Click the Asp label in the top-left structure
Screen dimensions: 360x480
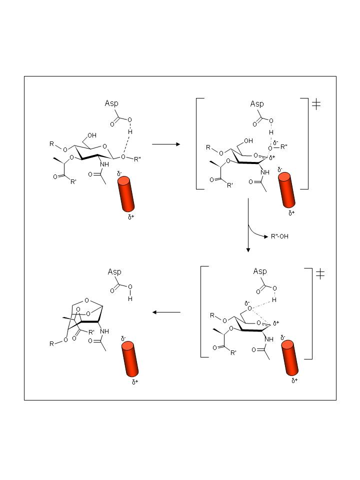click(x=111, y=103)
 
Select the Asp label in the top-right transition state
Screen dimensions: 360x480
click(x=257, y=104)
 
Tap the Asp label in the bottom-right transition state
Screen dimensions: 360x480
click(x=260, y=271)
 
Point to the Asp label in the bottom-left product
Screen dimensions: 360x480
click(x=114, y=272)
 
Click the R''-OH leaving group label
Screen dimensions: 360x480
click(x=279, y=236)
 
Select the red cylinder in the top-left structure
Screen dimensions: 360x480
click(x=126, y=194)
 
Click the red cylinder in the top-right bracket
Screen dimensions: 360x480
click(x=287, y=190)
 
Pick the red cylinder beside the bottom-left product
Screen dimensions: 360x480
click(x=130, y=359)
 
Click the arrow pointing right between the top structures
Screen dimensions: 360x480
click(x=166, y=144)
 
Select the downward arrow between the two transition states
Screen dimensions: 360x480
click(x=248, y=225)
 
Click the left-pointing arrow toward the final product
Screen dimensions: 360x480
click(x=166, y=312)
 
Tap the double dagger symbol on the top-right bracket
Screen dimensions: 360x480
click(x=316, y=104)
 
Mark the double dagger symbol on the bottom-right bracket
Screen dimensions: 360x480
click(x=320, y=274)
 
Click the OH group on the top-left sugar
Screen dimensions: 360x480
click(x=92, y=135)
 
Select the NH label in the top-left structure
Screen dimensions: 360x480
click(x=104, y=164)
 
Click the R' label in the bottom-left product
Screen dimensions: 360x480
click(x=91, y=332)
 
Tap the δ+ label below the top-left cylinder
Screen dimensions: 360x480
click(x=131, y=217)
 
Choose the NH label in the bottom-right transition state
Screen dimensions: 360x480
click(x=269, y=339)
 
